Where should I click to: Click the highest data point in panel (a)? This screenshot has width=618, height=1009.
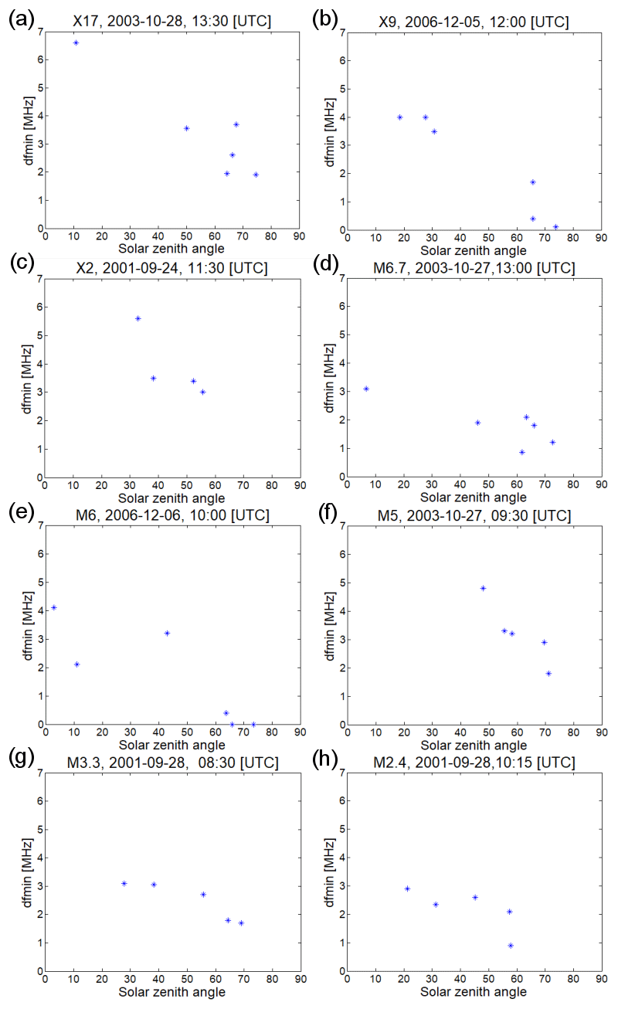coord(76,42)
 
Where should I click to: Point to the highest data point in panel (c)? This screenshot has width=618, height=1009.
coord(138,318)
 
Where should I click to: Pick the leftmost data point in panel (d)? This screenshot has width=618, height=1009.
coord(366,389)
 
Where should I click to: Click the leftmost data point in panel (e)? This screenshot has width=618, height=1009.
coord(53,607)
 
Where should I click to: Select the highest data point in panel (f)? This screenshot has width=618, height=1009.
coord(483,588)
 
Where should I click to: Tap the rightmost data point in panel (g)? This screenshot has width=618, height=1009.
coord(241,922)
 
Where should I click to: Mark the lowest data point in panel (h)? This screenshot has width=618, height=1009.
coord(511,945)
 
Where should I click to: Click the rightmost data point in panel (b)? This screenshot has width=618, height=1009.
coord(555,227)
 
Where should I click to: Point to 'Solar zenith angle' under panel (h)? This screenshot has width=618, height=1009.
coord(474,991)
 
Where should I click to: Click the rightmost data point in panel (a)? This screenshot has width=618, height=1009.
coord(256,175)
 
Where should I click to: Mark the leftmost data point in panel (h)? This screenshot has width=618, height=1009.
coord(407,888)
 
